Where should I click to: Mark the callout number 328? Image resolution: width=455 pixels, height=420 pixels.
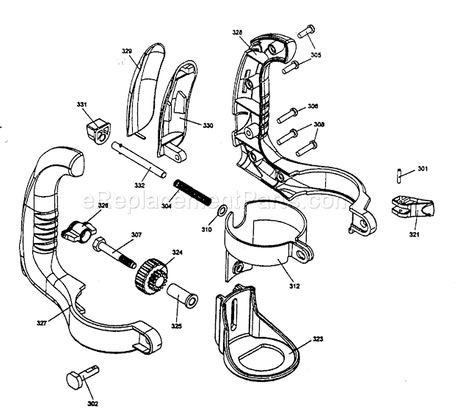(x=237, y=33)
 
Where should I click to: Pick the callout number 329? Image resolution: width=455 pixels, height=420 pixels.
(x=126, y=51)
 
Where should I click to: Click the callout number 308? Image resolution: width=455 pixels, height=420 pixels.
(x=318, y=126)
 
